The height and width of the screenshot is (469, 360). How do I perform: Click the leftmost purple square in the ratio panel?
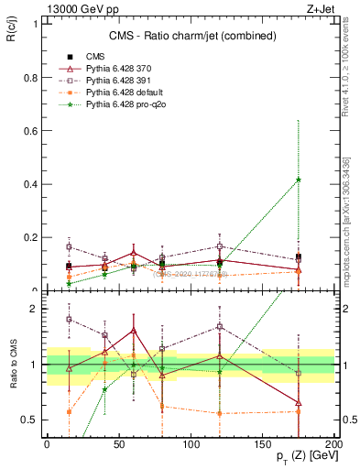click(x=70, y=320)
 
